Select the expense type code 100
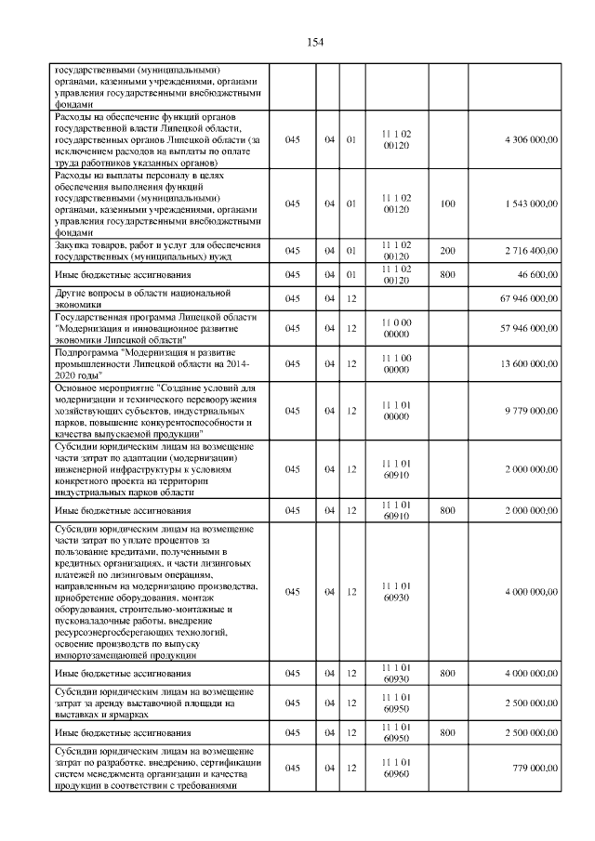(x=447, y=204)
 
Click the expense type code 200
(x=447, y=251)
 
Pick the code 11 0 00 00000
(x=396, y=329)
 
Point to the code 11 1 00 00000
(x=396, y=363)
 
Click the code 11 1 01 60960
(x=396, y=768)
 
